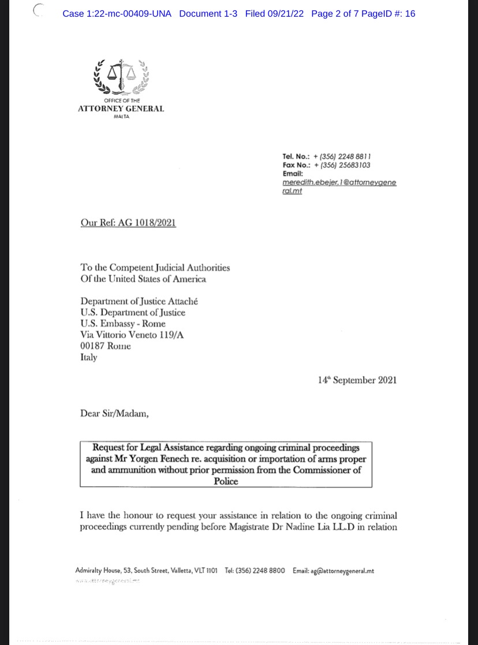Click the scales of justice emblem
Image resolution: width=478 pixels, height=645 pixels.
[121, 76]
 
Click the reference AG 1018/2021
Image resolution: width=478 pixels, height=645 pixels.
[147, 223]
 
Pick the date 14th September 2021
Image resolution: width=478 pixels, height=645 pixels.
[357, 380]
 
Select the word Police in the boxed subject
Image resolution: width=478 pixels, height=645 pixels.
[226, 481]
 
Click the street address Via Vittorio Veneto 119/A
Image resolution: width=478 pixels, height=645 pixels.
[134, 335]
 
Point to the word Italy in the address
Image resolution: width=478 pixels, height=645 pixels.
[89, 357]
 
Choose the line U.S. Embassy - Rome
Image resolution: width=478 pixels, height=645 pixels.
[123, 324]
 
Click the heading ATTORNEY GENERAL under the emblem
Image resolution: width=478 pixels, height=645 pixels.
[121, 108]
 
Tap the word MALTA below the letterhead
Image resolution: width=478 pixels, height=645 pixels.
[121, 117]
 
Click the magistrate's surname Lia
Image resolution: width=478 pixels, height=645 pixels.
[318, 526]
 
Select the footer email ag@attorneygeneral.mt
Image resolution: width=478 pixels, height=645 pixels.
[342, 571]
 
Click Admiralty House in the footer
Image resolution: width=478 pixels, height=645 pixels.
[96, 571]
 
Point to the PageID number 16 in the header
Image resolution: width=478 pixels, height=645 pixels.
[410, 13]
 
